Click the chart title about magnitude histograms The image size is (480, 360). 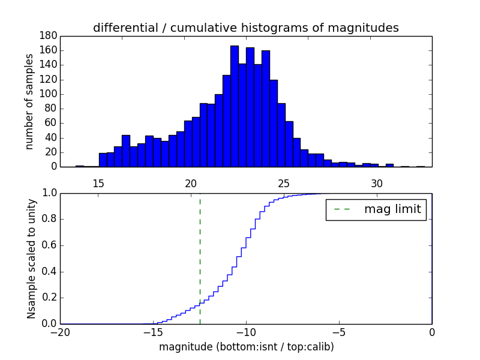click(245, 28)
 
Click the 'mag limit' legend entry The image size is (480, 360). click(376, 209)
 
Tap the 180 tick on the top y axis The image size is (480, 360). click(48, 36)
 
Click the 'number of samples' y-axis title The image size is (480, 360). click(29, 101)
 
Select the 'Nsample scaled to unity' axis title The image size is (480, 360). click(31, 259)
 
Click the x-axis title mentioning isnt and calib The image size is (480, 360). click(246, 347)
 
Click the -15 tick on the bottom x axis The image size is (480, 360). click(153, 333)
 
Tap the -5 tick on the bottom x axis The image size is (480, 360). click(339, 333)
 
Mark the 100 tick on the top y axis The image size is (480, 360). click(48, 94)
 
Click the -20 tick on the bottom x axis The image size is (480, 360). click(60, 333)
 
